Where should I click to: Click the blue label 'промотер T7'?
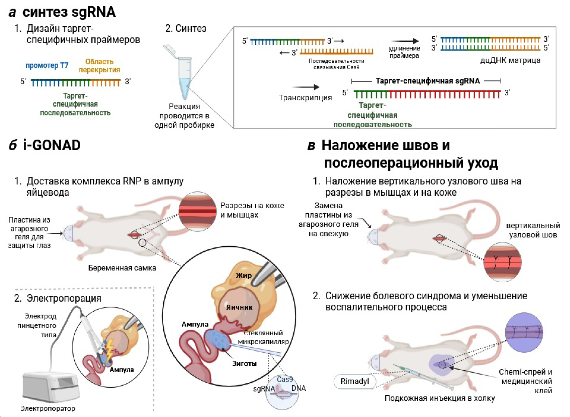[47, 65]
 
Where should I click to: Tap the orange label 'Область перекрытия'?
[99, 66]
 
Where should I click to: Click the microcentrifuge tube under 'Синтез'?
[183, 75]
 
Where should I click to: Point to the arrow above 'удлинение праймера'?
[405, 41]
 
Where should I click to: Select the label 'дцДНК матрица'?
[510, 60]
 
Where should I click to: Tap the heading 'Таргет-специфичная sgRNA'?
[427, 81]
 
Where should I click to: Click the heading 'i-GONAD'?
[52, 146]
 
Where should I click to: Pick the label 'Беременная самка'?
[122, 268]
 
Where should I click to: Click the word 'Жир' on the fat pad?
[244, 276]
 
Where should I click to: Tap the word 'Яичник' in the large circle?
[239, 307]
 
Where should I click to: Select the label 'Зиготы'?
[244, 364]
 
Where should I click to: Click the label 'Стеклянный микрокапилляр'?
[263, 337]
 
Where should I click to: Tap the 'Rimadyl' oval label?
[355, 381]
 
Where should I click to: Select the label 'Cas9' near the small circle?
[285, 379]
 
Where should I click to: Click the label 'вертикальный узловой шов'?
[533, 230]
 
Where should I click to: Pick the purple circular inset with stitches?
[524, 332]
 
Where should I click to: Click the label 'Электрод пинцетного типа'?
[37, 326]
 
